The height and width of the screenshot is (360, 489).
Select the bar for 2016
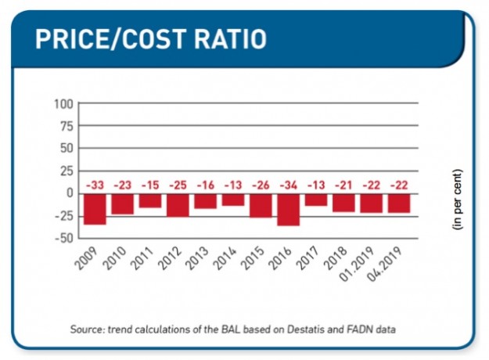(288, 209)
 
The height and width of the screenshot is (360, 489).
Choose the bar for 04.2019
(399, 203)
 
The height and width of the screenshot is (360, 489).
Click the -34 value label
(288, 185)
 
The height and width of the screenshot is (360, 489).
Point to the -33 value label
(95, 185)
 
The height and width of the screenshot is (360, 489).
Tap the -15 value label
(150, 185)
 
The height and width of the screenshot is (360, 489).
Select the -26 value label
(261, 185)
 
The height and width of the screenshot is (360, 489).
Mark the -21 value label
(343, 185)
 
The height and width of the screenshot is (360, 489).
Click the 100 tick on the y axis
(63, 103)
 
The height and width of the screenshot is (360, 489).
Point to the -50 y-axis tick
(63, 238)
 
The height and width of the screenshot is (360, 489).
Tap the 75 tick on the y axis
(66, 126)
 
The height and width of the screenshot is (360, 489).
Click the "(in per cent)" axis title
(458, 199)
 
